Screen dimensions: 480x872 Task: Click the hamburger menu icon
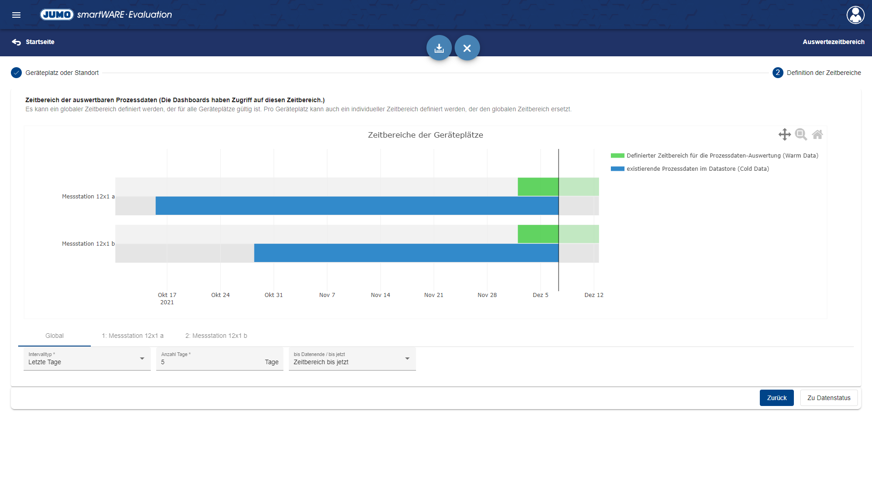[16, 15]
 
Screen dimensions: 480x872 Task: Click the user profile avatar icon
[855, 15]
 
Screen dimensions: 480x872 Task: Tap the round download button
[439, 48]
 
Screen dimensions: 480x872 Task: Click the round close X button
[467, 48]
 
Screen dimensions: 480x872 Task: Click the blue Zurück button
[776, 398]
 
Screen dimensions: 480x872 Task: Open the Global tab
[54, 336]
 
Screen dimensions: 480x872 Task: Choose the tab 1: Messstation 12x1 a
[133, 336]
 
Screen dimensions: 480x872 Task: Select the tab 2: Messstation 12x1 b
[216, 336]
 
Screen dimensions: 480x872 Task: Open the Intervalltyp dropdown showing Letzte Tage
[87, 359]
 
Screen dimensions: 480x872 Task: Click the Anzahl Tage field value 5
[209, 362]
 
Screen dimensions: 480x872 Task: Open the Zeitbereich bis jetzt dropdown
[352, 359]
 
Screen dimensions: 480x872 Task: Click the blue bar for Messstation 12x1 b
[406, 253]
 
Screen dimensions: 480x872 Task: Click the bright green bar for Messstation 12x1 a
[538, 187]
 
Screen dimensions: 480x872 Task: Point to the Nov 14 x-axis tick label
[380, 295]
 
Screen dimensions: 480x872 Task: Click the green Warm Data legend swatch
[617, 156]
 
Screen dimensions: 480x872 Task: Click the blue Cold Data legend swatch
[617, 169]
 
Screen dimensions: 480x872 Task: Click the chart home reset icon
[817, 134]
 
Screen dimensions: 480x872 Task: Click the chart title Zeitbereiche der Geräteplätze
[425, 135]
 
